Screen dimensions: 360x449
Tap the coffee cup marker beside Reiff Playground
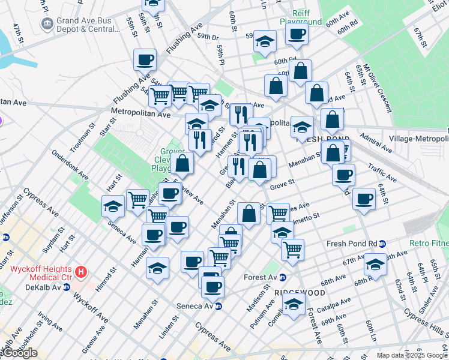(x=297, y=35)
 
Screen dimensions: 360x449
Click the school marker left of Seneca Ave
(x=113, y=206)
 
